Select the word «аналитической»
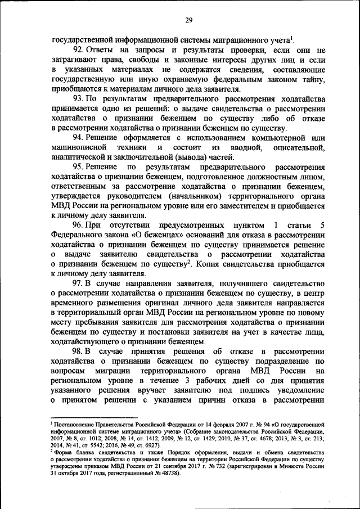[x=76, y=157]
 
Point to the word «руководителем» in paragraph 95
[x=129, y=196]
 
